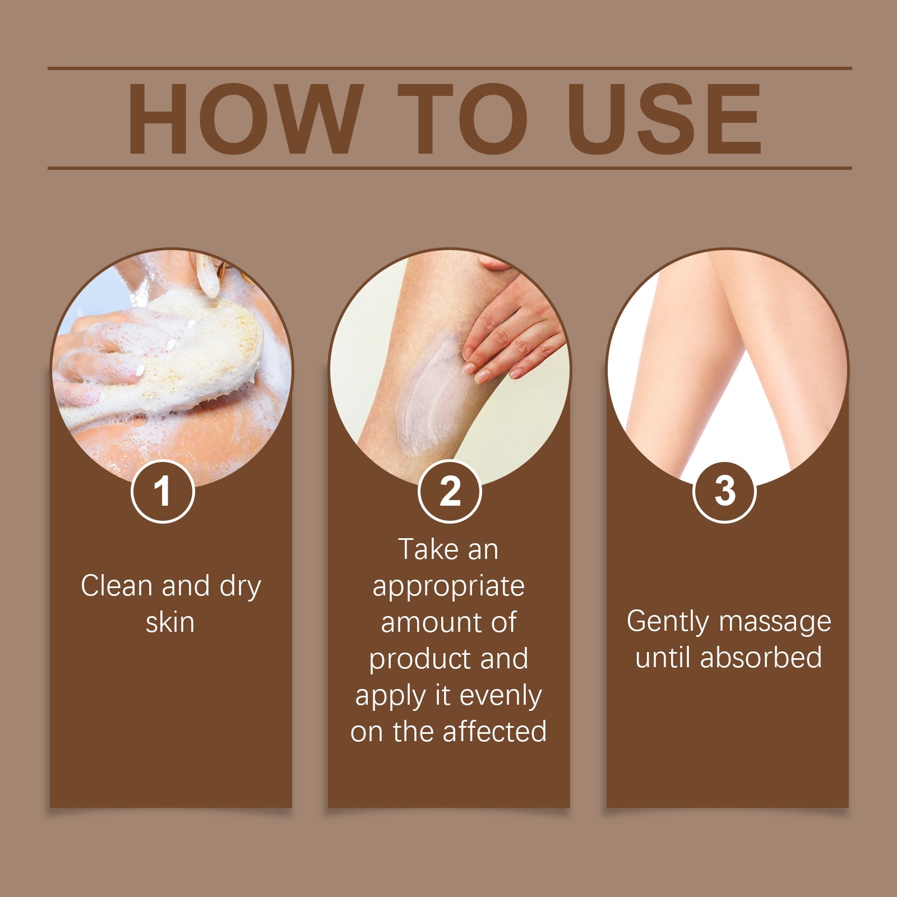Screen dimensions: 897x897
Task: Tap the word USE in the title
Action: [664, 119]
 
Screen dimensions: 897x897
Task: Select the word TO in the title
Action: [463, 119]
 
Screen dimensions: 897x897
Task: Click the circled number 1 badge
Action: [163, 491]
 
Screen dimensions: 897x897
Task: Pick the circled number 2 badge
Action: [450, 491]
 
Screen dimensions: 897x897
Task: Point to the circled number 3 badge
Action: [724, 491]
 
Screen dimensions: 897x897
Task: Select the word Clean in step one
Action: [117, 586]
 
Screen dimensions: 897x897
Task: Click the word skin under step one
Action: [170, 622]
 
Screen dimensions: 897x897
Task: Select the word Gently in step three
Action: [667, 622]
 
